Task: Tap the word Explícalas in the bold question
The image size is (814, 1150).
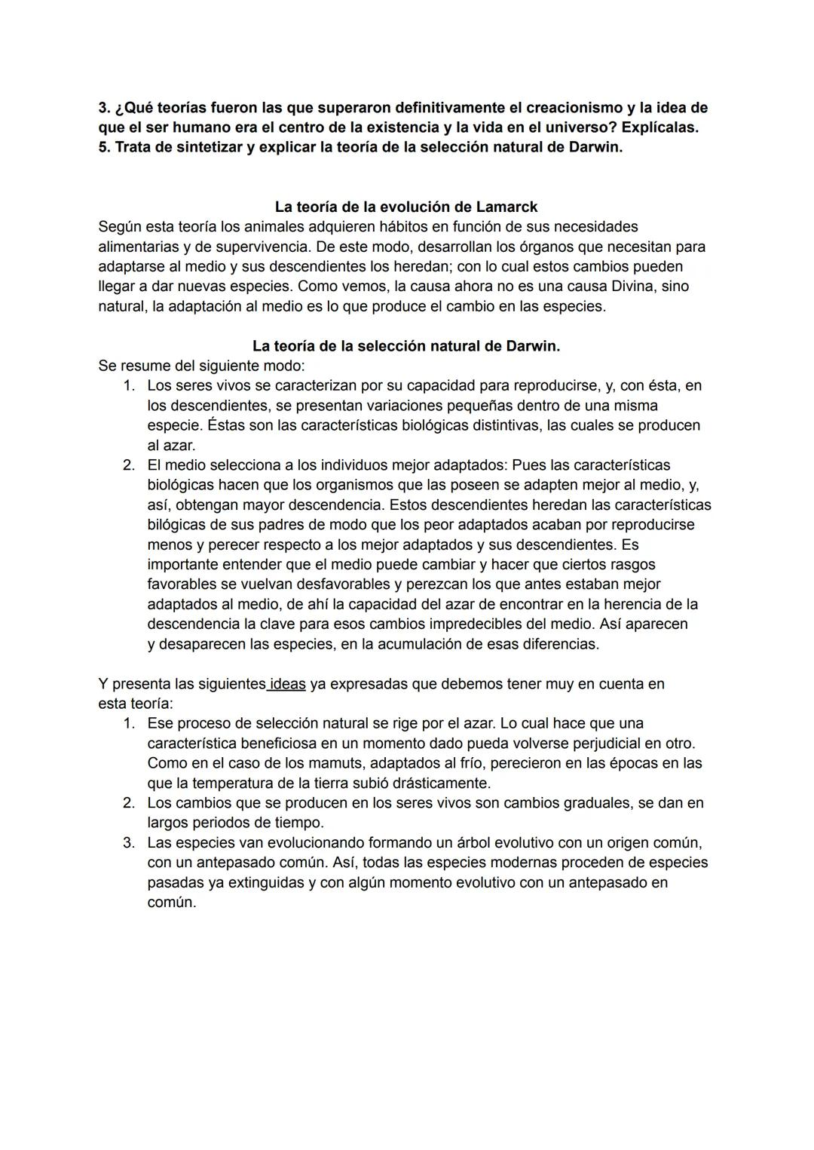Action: pyautogui.click(x=659, y=127)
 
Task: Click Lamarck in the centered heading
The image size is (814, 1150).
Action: pyautogui.click(x=506, y=207)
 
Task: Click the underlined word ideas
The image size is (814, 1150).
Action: pyautogui.click(x=288, y=684)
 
